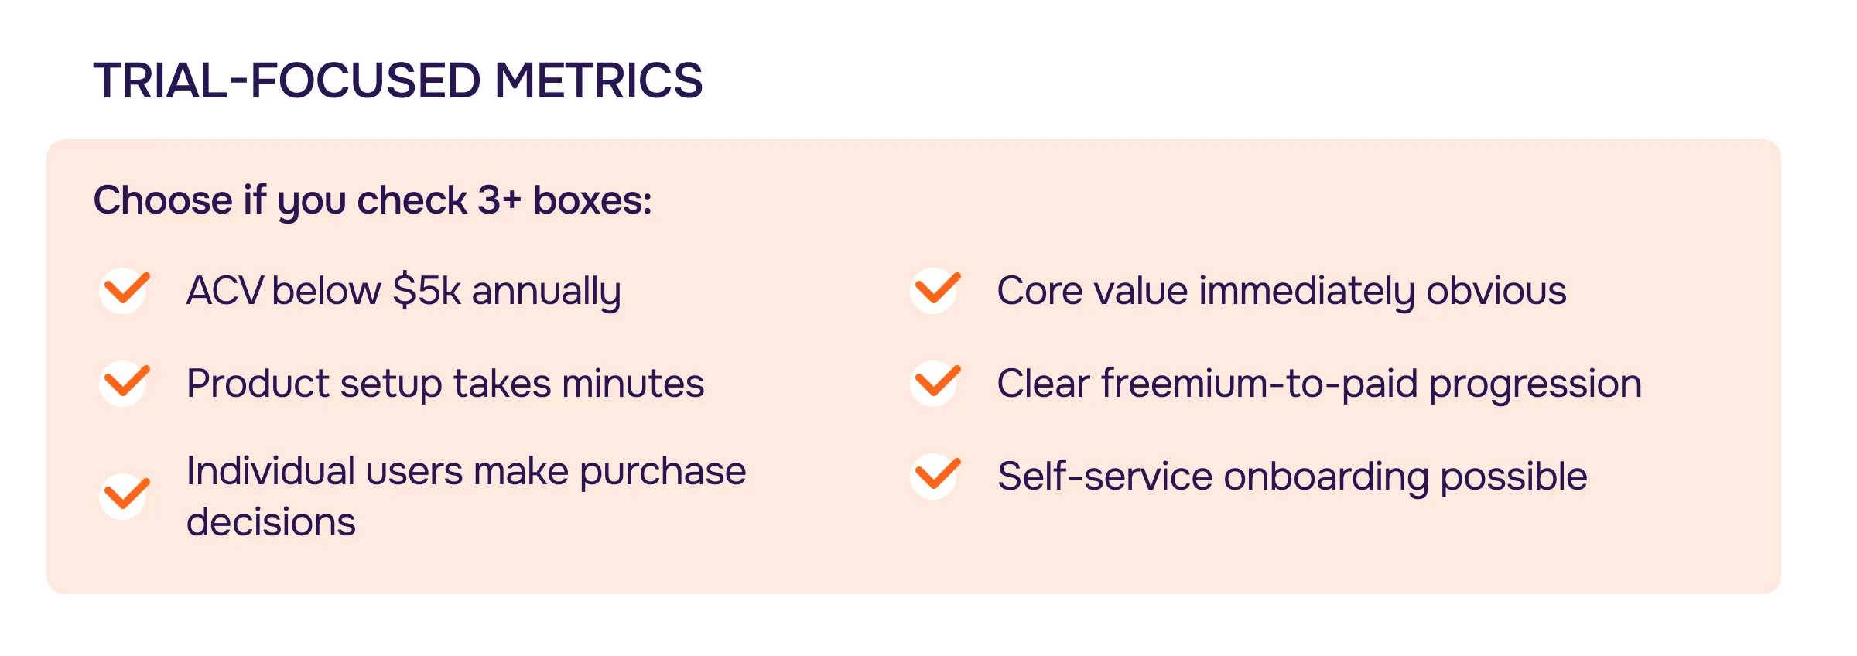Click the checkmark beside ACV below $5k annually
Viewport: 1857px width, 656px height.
pyautogui.click(x=125, y=290)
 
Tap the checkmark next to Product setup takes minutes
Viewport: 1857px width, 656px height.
pyautogui.click(x=125, y=382)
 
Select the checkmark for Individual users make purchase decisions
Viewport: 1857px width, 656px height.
pyautogui.click(x=125, y=495)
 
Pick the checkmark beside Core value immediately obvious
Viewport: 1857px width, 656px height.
pyautogui.click(x=936, y=290)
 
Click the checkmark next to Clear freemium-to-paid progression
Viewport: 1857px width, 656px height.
pyautogui.click(x=936, y=382)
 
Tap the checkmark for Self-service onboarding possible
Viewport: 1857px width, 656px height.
pyautogui.click(x=936, y=475)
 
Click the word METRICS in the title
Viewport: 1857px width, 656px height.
pyautogui.click(x=598, y=80)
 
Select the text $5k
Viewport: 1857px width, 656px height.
pyautogui.click(x=426, y=292)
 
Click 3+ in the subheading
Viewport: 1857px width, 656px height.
pyautogui.click(x=499, y=200)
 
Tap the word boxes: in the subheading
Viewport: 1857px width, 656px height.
pyautogui.click(x=593, y=200)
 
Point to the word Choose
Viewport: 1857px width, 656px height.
pyautogui.click(x=162, y=200)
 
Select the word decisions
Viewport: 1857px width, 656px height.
pyautogui.click(x=271, y=522)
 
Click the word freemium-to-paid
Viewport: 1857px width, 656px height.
pyautogui.click(x=1259, y=384)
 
